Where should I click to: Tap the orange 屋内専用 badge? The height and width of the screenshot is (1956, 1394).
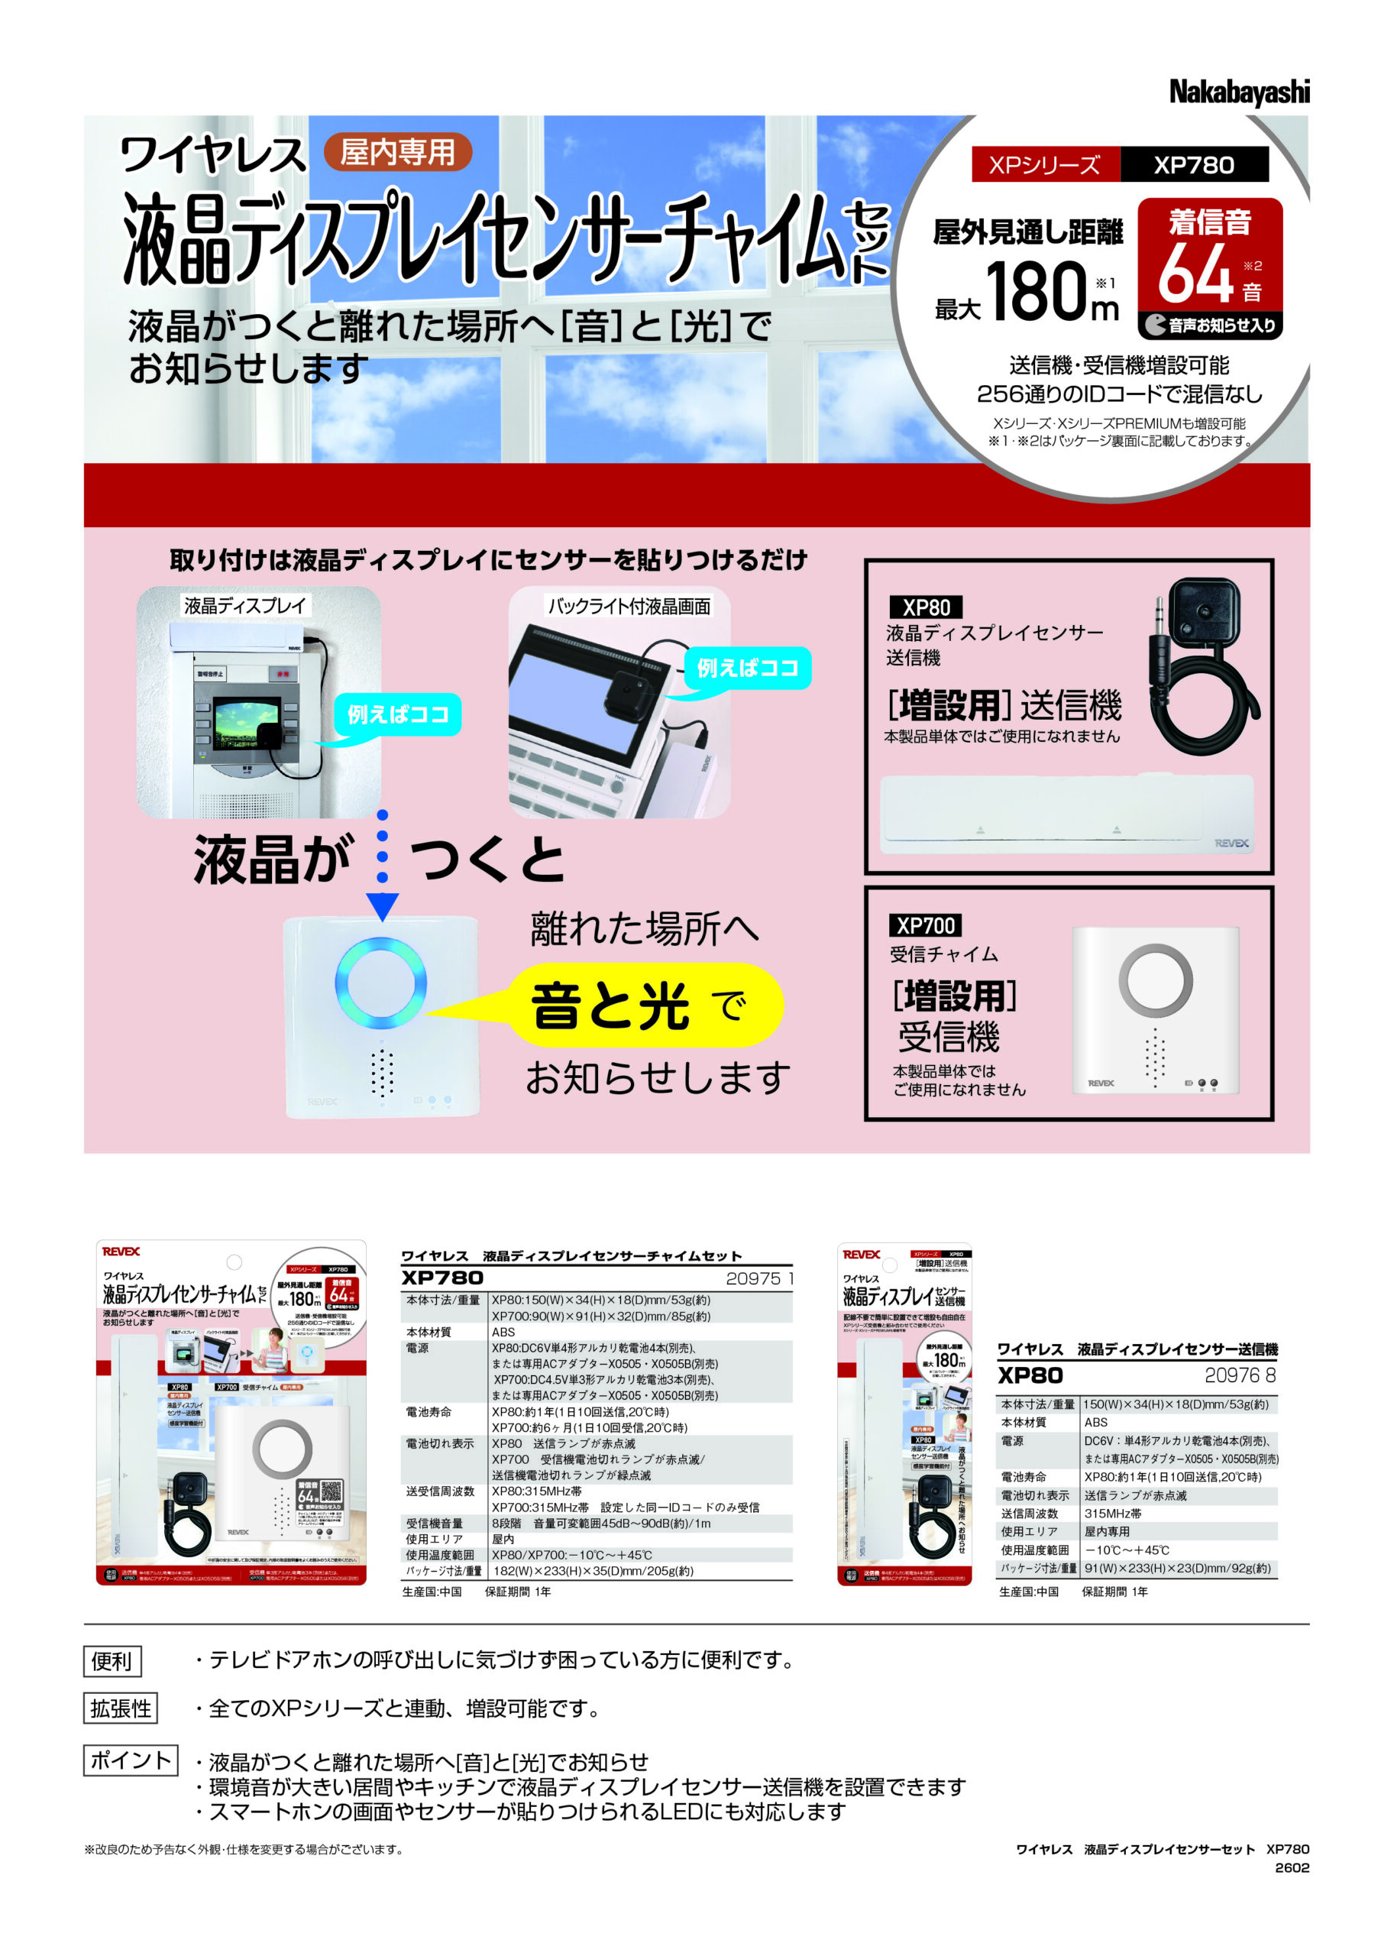click(397, 153)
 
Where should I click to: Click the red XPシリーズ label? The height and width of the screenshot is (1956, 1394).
click(1044, 165)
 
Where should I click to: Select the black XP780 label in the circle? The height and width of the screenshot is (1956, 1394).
click(1193, 165)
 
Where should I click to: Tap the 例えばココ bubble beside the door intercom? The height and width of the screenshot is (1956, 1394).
click(397, 714)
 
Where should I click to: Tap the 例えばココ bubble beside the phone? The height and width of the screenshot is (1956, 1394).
click(747, 668)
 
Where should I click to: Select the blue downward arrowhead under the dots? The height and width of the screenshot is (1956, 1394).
click(382, 906)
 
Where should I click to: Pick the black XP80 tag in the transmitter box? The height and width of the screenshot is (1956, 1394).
click(925, 607)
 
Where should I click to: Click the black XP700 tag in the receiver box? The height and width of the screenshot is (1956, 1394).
click(925, 925)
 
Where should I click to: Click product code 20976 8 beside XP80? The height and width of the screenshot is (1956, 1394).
click(1240, 1375)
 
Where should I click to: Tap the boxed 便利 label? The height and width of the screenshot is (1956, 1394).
click(112, 1660)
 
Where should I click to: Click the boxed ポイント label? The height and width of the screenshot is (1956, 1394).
click(131, 1760)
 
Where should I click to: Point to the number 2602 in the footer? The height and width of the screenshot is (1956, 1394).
click(1291, 1867)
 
